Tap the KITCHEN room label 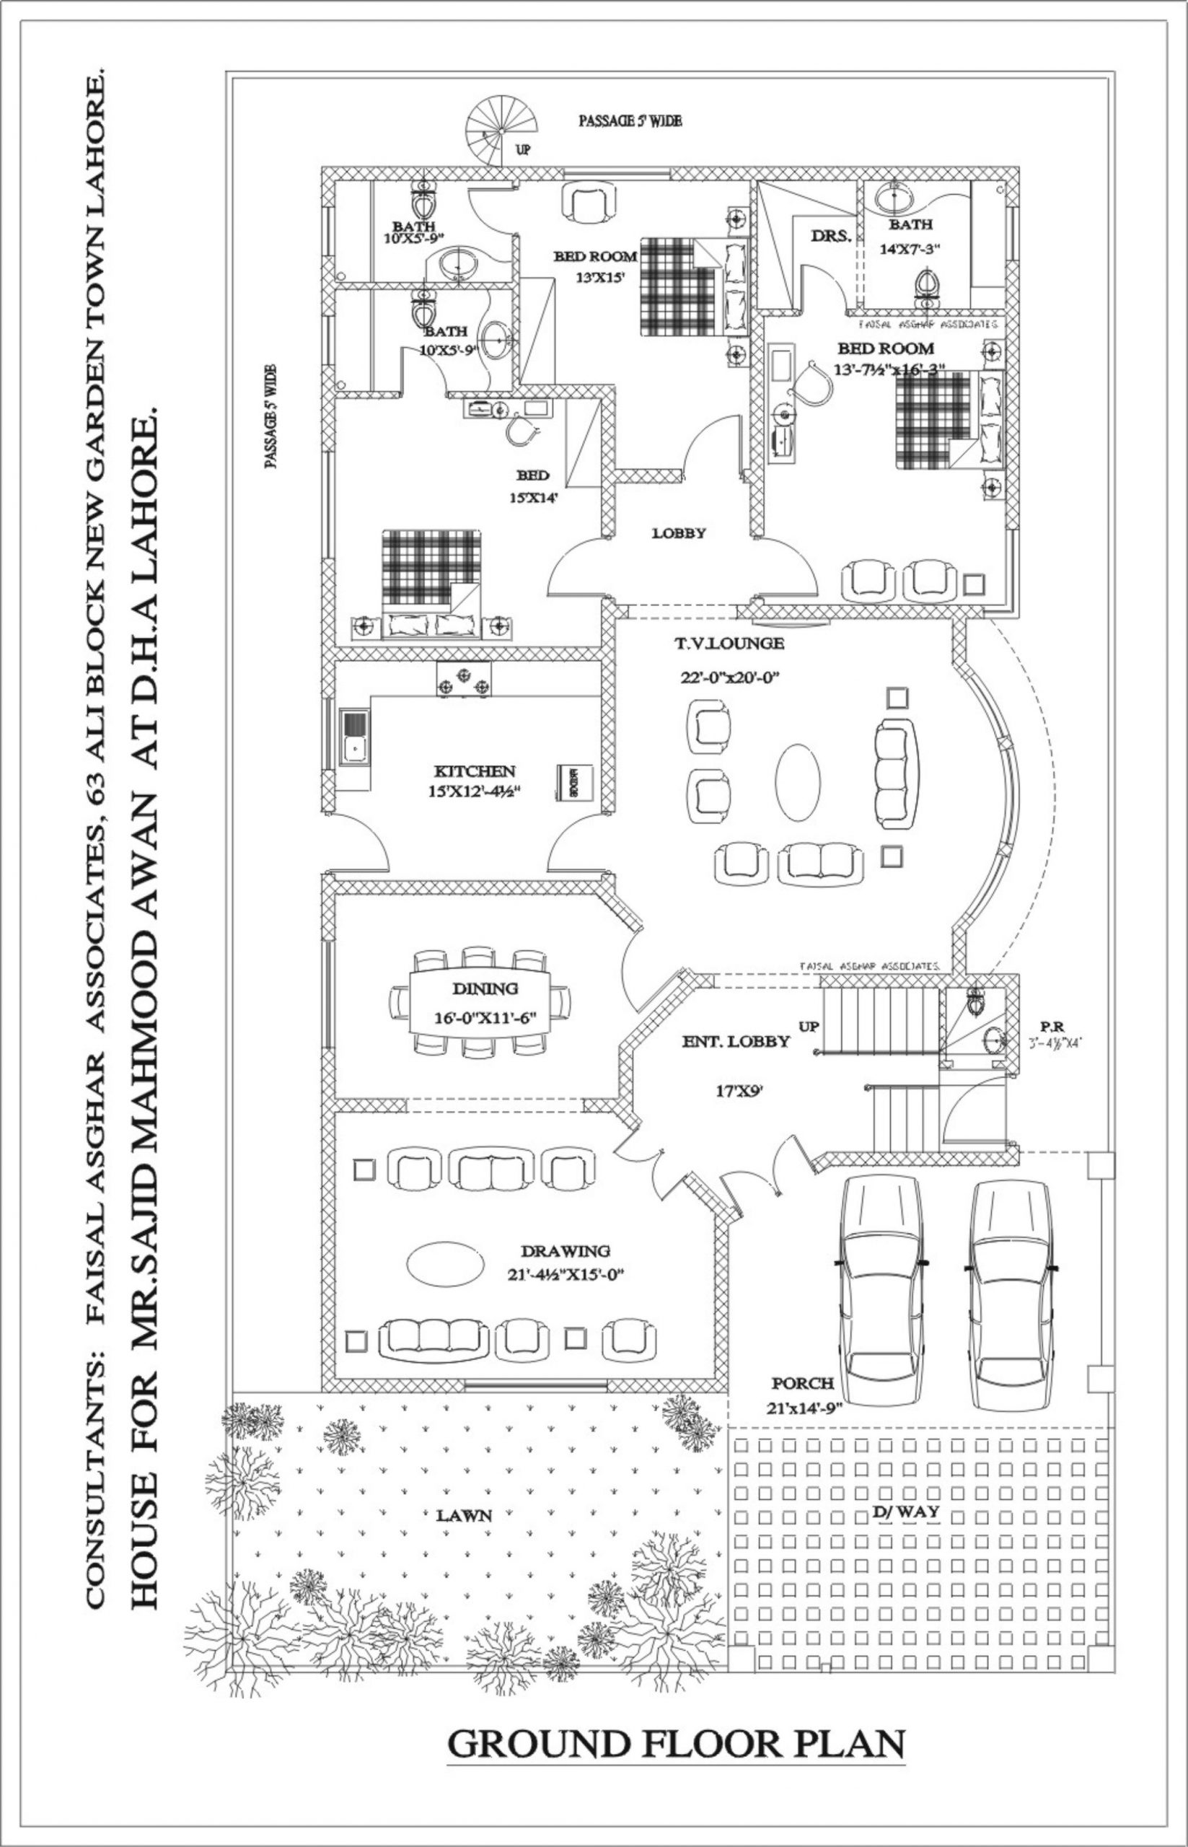tap(475, 771)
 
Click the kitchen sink tap(354, 739)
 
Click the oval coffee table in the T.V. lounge tap(798, 782)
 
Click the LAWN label tap(464, 1515)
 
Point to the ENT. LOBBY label tap(736, 1042)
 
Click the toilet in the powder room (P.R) tap(975, 1001)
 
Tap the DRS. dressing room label tap(831, 236)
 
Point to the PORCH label tap(802, 1383)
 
